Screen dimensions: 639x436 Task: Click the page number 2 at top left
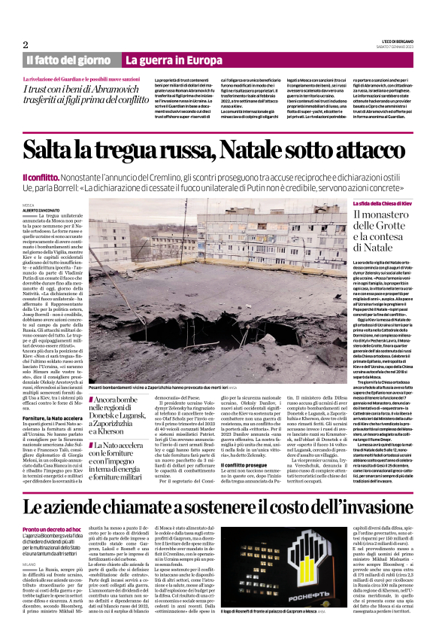tap(26, 44)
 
